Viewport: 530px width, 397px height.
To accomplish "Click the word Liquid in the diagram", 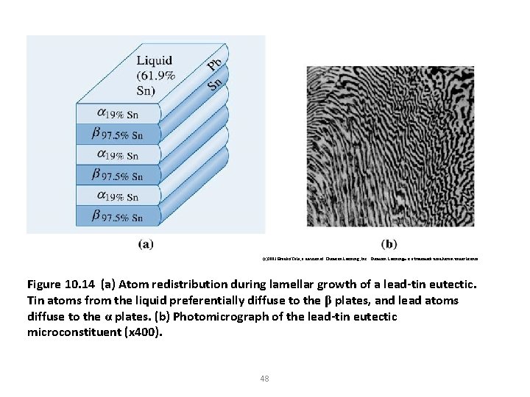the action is [155, 60].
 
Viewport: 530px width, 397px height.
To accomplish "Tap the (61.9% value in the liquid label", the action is [155, 75].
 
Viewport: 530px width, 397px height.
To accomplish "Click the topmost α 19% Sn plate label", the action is [118, 114].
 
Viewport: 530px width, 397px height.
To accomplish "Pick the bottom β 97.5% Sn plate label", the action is [118, 216].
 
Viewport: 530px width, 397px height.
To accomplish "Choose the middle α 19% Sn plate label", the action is [118, 155].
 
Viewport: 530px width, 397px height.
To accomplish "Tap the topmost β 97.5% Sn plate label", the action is [118, 135].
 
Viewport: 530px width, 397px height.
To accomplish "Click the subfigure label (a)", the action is [145, 244].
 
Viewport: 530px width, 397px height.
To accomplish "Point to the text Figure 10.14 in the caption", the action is [60, 285].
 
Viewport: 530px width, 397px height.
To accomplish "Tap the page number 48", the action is [264, 379].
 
